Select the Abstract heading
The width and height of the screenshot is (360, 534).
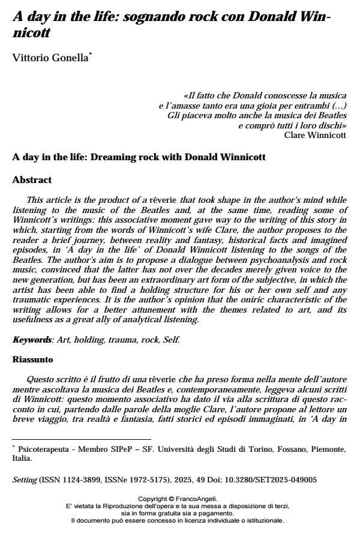click(x=32, y=179)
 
